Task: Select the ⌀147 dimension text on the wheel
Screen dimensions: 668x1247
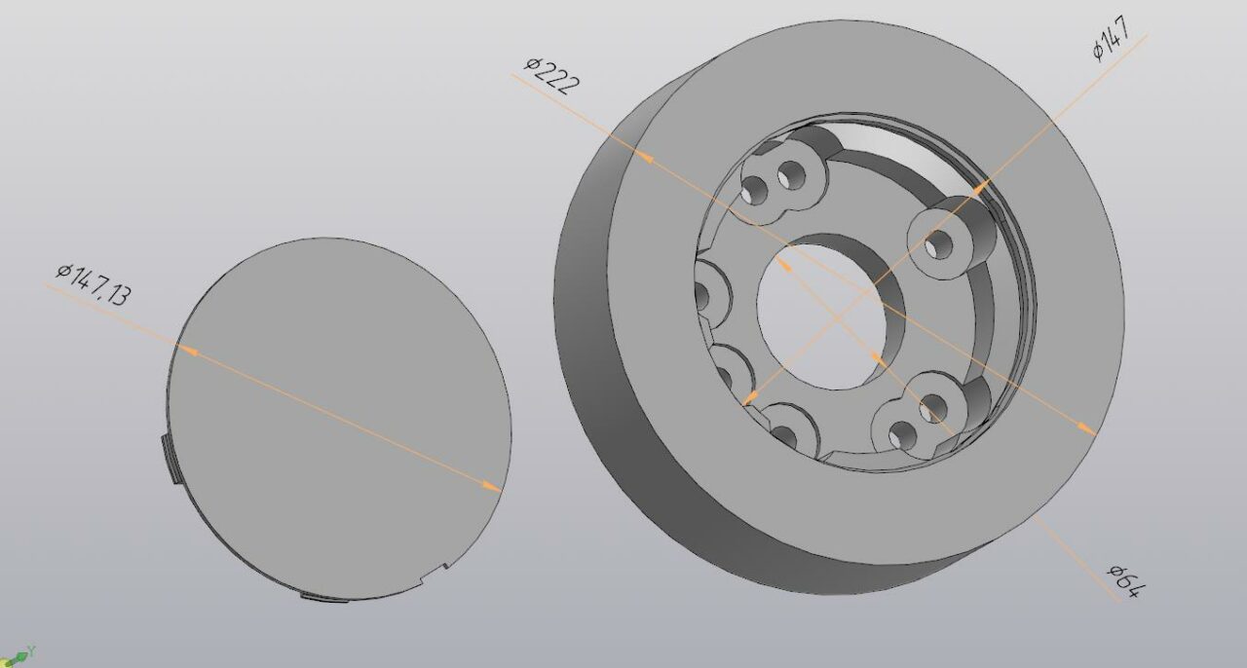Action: click(1111, 39)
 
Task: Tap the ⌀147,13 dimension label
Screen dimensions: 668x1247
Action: click(92, 283)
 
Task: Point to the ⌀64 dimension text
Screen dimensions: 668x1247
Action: click(1124, 579)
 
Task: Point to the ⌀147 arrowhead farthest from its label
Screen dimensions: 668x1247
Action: click(749, 399)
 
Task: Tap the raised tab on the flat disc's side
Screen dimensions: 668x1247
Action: click(168, 458)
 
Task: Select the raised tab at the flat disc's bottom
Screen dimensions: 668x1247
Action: click(321, 596)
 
